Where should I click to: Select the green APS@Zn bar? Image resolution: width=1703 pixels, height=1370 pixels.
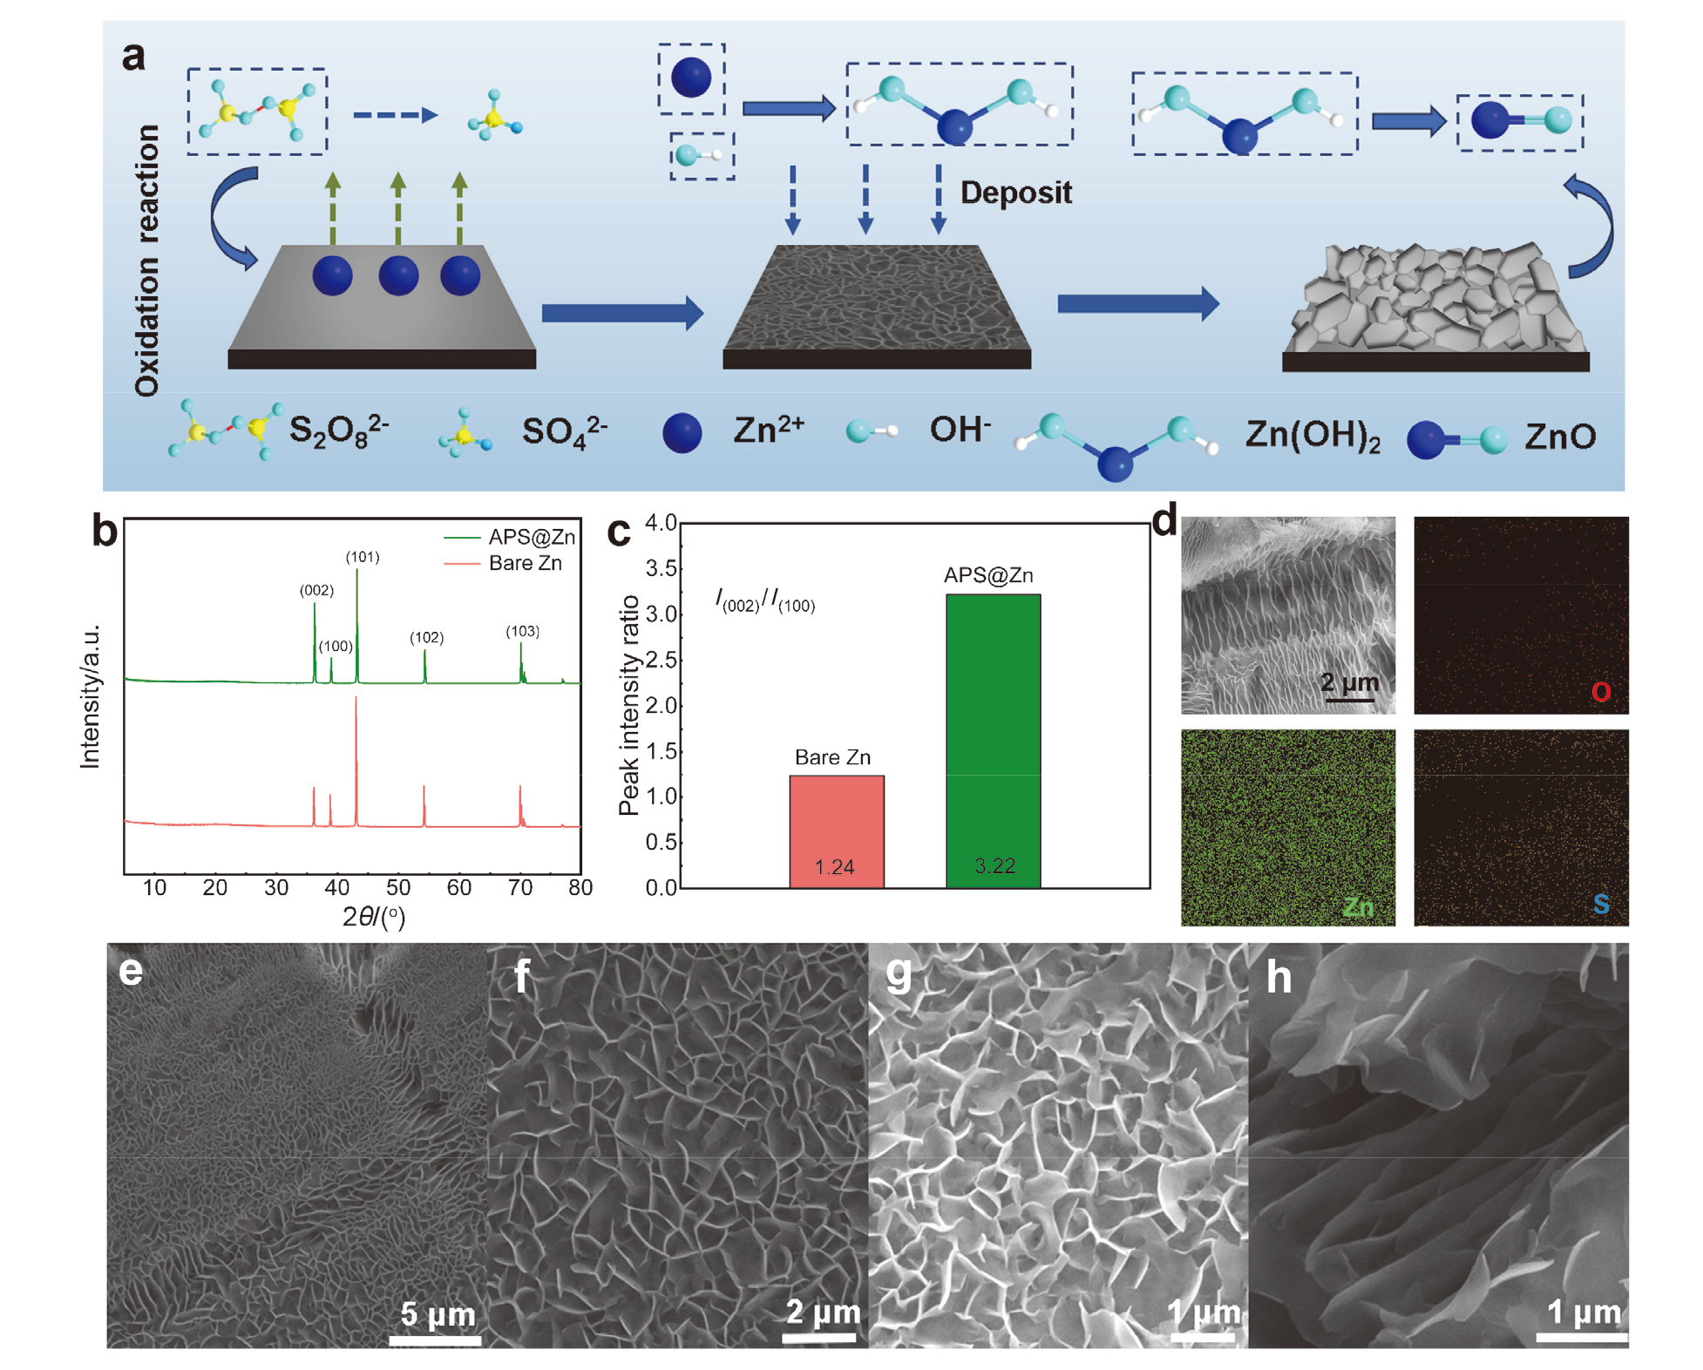(993, 741)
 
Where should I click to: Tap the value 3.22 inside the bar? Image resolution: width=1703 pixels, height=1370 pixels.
(994, 865)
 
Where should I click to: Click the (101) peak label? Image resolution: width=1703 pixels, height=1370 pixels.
(363, 557)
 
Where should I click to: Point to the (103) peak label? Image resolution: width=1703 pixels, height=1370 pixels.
(523, 631)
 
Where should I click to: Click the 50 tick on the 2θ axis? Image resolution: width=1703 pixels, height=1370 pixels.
(398, 887)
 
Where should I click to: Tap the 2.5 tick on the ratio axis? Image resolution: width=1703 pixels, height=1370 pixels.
(661, 660)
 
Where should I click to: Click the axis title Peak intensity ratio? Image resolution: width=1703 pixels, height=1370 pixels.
(629, 706)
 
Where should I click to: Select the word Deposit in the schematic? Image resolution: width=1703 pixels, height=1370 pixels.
(1015, 193)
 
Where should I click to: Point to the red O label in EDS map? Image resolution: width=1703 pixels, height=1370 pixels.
(1600, 692)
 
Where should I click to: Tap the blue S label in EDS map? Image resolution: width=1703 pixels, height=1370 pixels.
(1601, 904)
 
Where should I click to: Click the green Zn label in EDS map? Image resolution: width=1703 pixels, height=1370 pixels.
(1357, 907)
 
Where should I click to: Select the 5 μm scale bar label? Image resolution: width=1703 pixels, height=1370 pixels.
(438, 1312)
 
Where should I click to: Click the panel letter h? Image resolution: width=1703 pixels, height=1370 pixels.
(1279, 977)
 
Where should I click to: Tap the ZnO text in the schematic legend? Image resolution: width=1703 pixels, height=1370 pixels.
(1559, 437)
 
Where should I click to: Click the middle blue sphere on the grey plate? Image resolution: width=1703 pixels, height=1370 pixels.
(398, 275)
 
